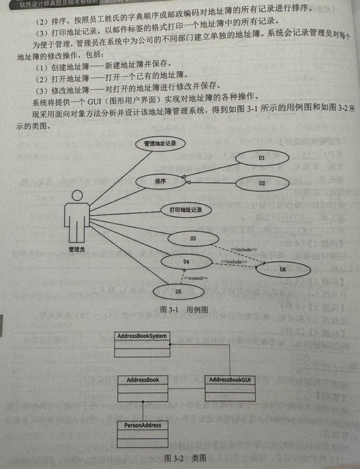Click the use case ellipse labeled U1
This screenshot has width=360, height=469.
[x=262, y=158]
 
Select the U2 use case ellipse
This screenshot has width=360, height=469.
[x=262, y=183]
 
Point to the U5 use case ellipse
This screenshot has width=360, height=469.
[x=178, y=290]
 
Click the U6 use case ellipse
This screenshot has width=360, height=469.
[x=282, y=269]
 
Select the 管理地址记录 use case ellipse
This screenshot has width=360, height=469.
[x=160, y=143]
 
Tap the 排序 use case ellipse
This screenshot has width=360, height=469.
[x=160, y=182]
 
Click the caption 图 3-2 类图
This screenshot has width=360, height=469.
[x=186, y=457]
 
